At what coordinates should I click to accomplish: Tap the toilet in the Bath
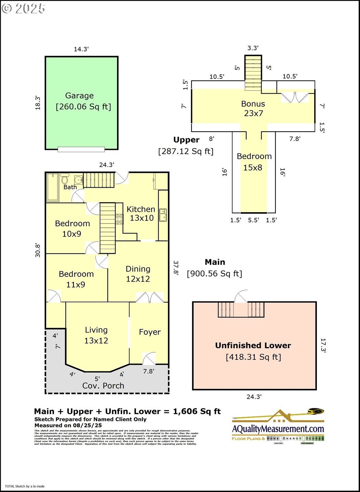coord(65,178)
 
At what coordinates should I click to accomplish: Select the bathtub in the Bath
coord(53,187)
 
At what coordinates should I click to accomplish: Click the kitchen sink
coord(163,215)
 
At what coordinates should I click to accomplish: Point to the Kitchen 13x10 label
coord(141,214)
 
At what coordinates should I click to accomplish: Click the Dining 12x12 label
coord(138,274)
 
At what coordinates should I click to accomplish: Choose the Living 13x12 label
coord(96,335)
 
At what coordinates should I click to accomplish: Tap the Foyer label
coord(150,332)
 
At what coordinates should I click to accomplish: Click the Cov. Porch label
coord(103,386)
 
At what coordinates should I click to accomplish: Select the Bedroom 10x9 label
coord(72,229)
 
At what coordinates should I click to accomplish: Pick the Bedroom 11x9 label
coord(76,279)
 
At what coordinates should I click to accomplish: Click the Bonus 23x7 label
coord(253,108)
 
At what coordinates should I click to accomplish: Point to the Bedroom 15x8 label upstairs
coord(254,162)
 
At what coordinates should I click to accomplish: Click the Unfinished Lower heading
coord(253,345)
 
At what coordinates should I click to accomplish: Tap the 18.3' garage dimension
coord(38,103)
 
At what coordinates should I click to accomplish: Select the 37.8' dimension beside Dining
coord(176,268)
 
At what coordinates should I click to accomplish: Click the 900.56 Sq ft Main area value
coord(214,274)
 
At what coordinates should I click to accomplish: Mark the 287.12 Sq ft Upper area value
coord(186,151)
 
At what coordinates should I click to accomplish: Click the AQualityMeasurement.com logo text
coord(278,429)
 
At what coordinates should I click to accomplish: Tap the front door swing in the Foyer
coord(149,358)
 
